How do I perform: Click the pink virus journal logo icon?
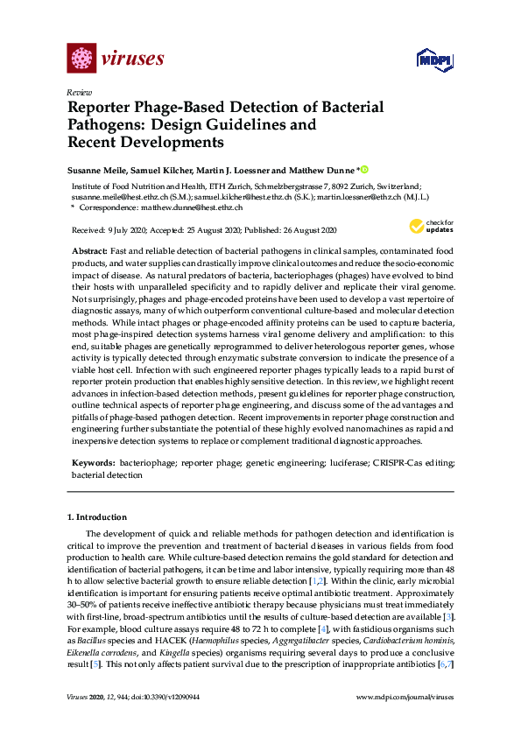pos(81,59)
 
